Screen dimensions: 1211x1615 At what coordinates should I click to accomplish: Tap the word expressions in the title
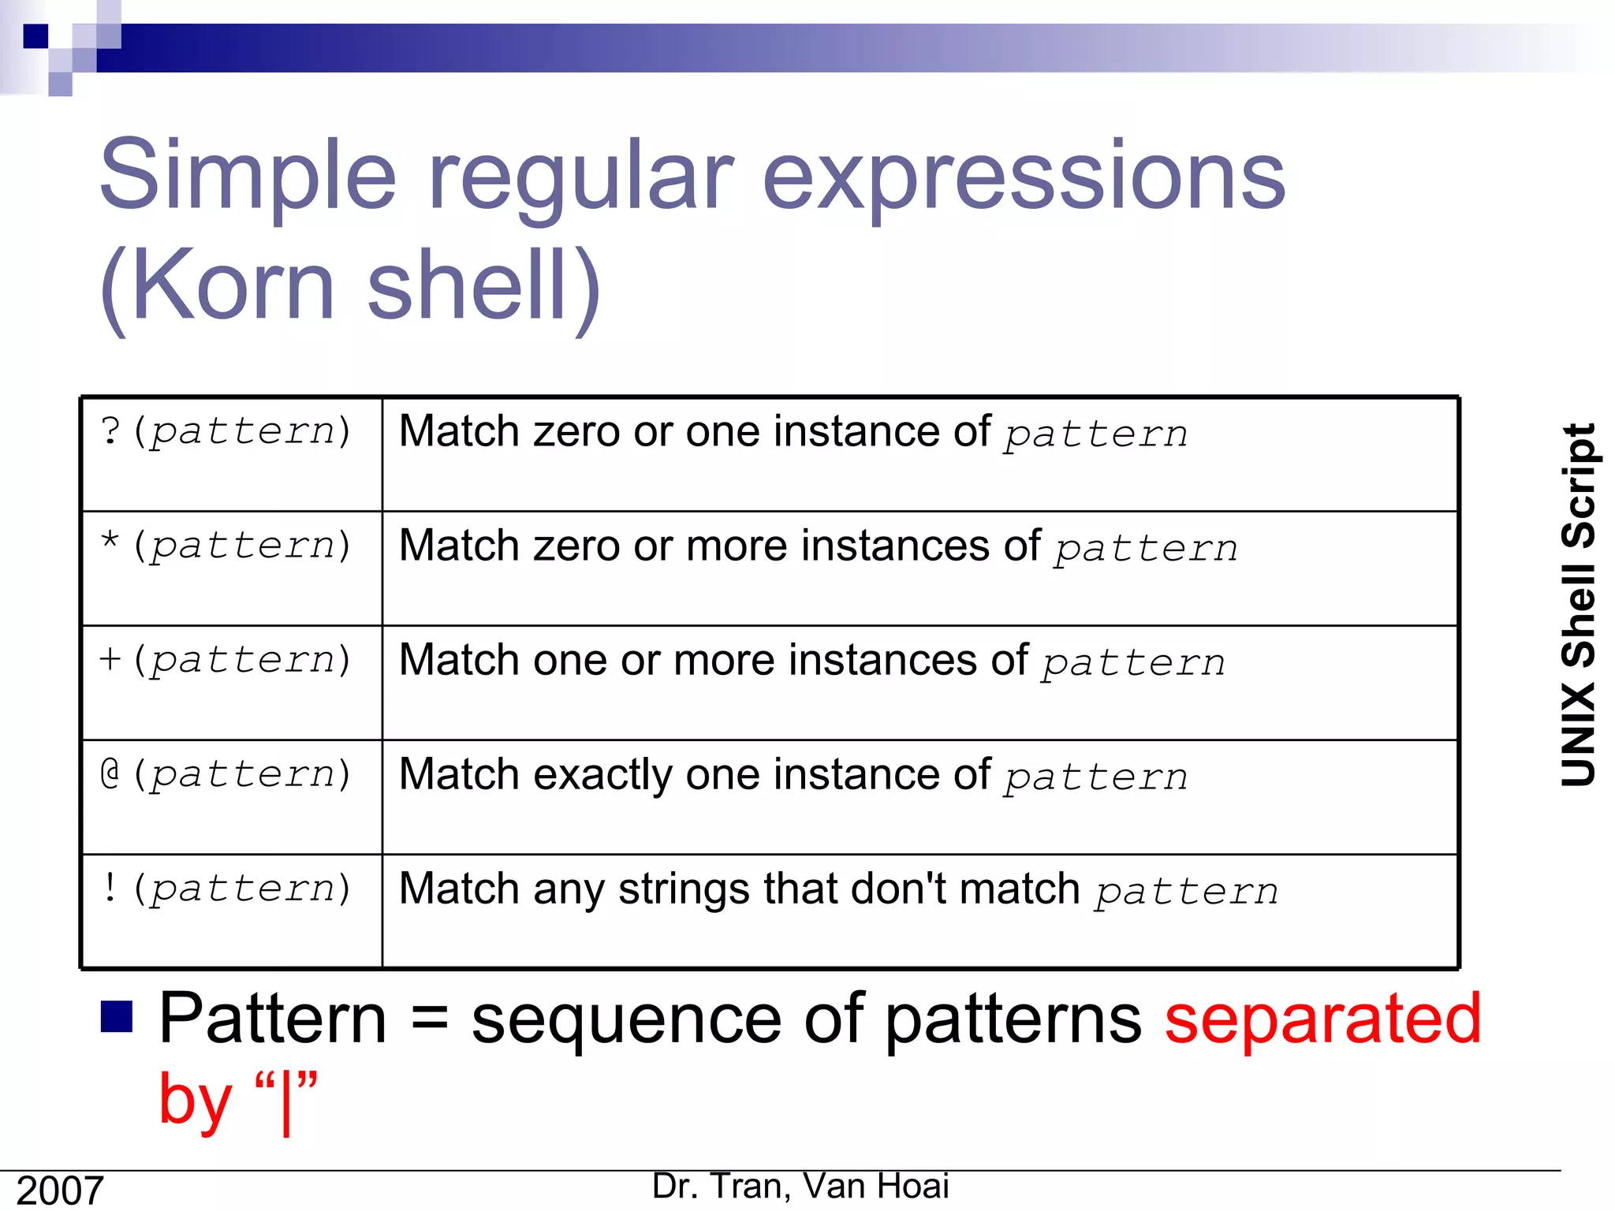pyautogui.click(x=1024, y=177)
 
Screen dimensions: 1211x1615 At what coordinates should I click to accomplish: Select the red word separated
pyautogui.click(x=1323, y=1019)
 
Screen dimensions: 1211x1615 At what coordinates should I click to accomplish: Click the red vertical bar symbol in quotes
pyautogui.click(x=286, y=1101)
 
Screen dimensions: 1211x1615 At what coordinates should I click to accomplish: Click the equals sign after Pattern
pyautogui.click(x=430, y=1019)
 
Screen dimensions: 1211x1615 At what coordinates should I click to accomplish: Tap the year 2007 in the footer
pyautogui.click(x=60, y=1191)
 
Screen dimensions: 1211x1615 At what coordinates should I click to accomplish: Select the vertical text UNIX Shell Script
pyautogui.click(x=1579, y=605)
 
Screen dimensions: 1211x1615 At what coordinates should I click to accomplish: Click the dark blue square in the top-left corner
pyautogui.click(x=35, y=36)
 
